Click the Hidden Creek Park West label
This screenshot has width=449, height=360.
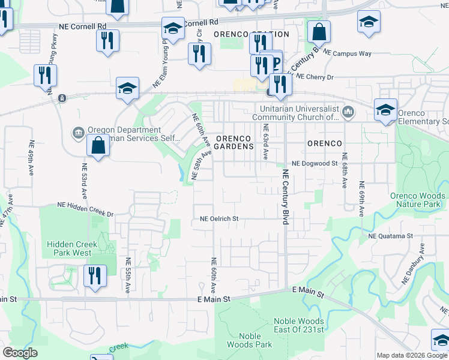tap(70, 248)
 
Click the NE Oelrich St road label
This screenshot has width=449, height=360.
tap(219, 219)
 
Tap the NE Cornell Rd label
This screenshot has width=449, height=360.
tap(82, 26)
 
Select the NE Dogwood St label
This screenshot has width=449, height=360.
tap(315, 163)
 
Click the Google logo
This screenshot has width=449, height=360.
tap(20, 353)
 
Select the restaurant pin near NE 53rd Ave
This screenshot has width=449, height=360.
tap(95, 275)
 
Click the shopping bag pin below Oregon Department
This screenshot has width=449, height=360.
tap(97, 145)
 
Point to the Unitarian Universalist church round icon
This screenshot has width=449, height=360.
tap(349, 112)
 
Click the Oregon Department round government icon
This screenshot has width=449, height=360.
tap(77, 132)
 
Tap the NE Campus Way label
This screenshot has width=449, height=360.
tap(347, 53)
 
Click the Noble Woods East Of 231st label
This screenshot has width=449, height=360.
tap(298, 326)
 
